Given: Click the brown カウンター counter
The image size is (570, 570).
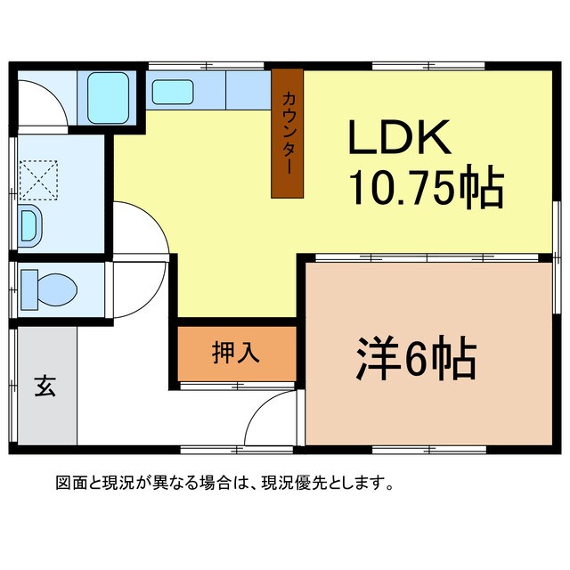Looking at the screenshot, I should pyautogui.click(x=287, y=133).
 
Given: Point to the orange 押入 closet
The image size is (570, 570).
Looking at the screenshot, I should pyautogui.click(x=237, y=353).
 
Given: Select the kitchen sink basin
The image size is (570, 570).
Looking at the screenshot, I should pyautogui.click(x=173, y=92).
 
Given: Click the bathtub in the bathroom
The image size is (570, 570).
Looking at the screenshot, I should pyautogui.click(x=110, y=97).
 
